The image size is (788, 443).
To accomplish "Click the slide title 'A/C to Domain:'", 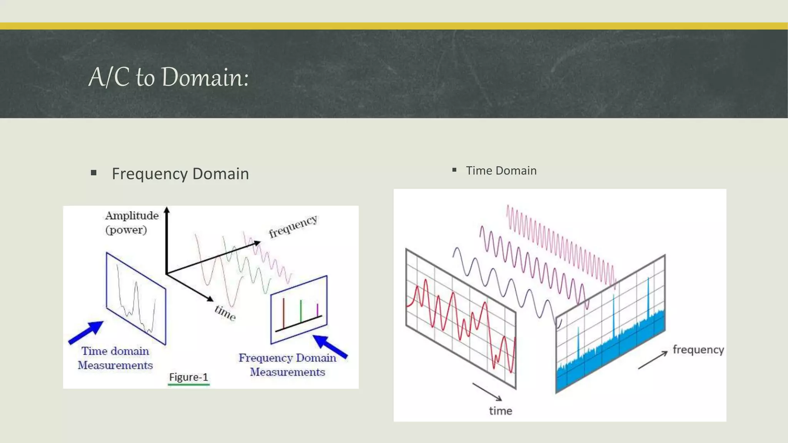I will (x=169, y=77).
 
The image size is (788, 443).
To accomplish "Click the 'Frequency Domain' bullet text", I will (x=180, y=174).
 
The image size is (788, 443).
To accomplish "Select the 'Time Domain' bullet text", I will (x=501, y=171).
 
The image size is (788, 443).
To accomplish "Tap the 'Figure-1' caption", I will (x=189, y=377).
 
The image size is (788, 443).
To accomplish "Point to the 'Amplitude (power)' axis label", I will (x=132, y=223).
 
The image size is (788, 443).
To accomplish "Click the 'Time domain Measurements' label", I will (x=115, y=358).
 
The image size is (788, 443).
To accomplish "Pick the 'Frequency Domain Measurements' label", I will (x=287, y=365).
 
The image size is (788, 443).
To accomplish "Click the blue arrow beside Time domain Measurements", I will (x=86, y=332).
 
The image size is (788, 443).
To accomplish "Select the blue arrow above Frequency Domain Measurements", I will (x=330, y=346).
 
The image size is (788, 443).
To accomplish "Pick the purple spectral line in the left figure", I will (x=317, y=310).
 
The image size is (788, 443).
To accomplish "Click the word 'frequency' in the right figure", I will (x=698, y=350).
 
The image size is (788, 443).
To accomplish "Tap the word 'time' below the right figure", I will (x=501, y=411).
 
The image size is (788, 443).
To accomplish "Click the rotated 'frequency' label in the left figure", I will (x=293, y=227).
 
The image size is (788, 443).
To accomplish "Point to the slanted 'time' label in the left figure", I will (x=225, y=313).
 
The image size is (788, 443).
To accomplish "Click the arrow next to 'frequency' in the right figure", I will (x=653, y=360).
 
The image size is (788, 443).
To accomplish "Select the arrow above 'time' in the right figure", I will (x=487, y=391).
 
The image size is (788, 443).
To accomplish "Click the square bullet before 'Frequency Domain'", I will (x=93, y=173).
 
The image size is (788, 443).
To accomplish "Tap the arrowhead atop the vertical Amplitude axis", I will (x=167, y=210).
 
